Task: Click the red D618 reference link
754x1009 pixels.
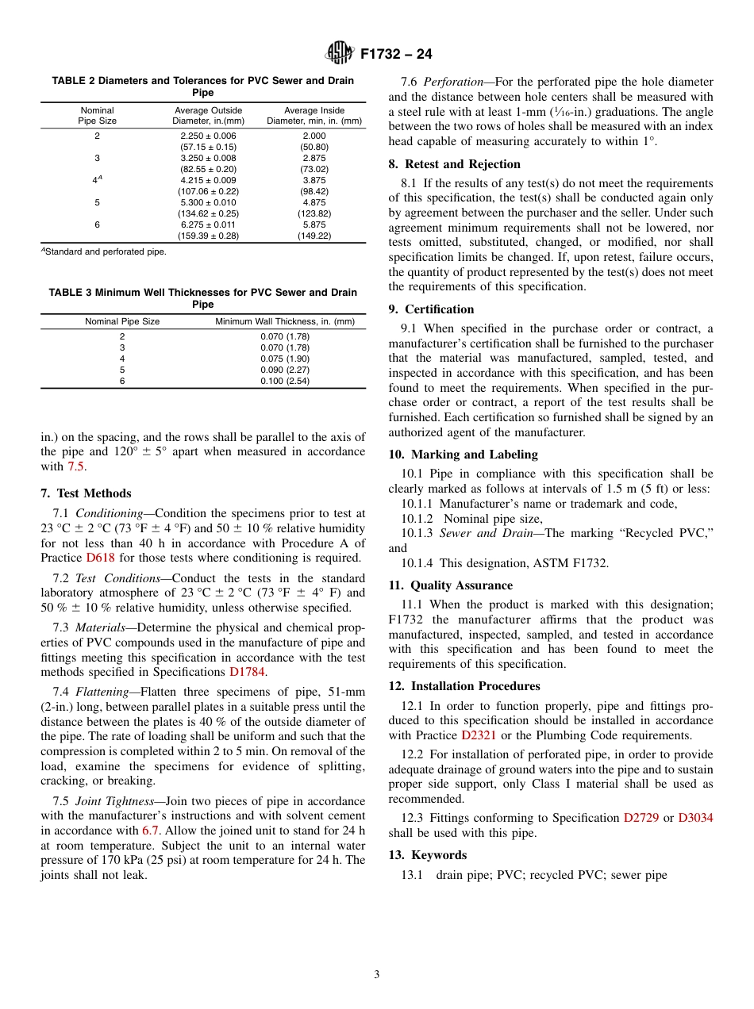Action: (x=101, y=558)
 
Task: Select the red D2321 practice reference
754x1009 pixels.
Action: (x=479, y=735)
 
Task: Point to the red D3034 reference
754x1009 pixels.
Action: (x=695, y=818)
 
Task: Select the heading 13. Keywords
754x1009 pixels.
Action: (x=427, y=855)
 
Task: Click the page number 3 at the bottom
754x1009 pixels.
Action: (x=377, y=975)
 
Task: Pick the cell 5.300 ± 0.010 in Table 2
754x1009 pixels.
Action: (x=209, y=202)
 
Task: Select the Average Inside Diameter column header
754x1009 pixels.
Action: (x=314, y=116)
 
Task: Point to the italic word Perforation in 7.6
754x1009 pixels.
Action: (x=452, y=82)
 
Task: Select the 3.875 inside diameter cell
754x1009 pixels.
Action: (x=314, y=180)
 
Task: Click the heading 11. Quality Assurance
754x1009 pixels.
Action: (x=450, y=585)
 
